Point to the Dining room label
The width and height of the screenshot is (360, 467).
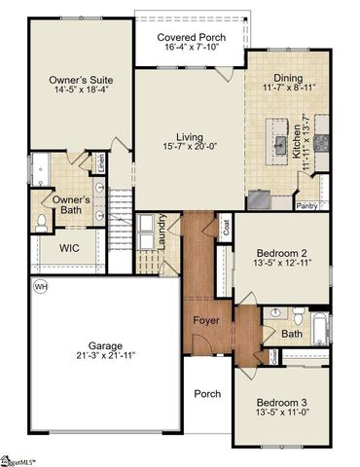(x=288, y=77)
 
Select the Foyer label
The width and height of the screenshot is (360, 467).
(x=205, y=320)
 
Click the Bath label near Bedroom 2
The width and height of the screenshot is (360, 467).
(x=292, y=334)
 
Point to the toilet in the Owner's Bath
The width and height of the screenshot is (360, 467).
(x=41, y=222)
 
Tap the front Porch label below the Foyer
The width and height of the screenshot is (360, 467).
(x=206, y=394)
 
